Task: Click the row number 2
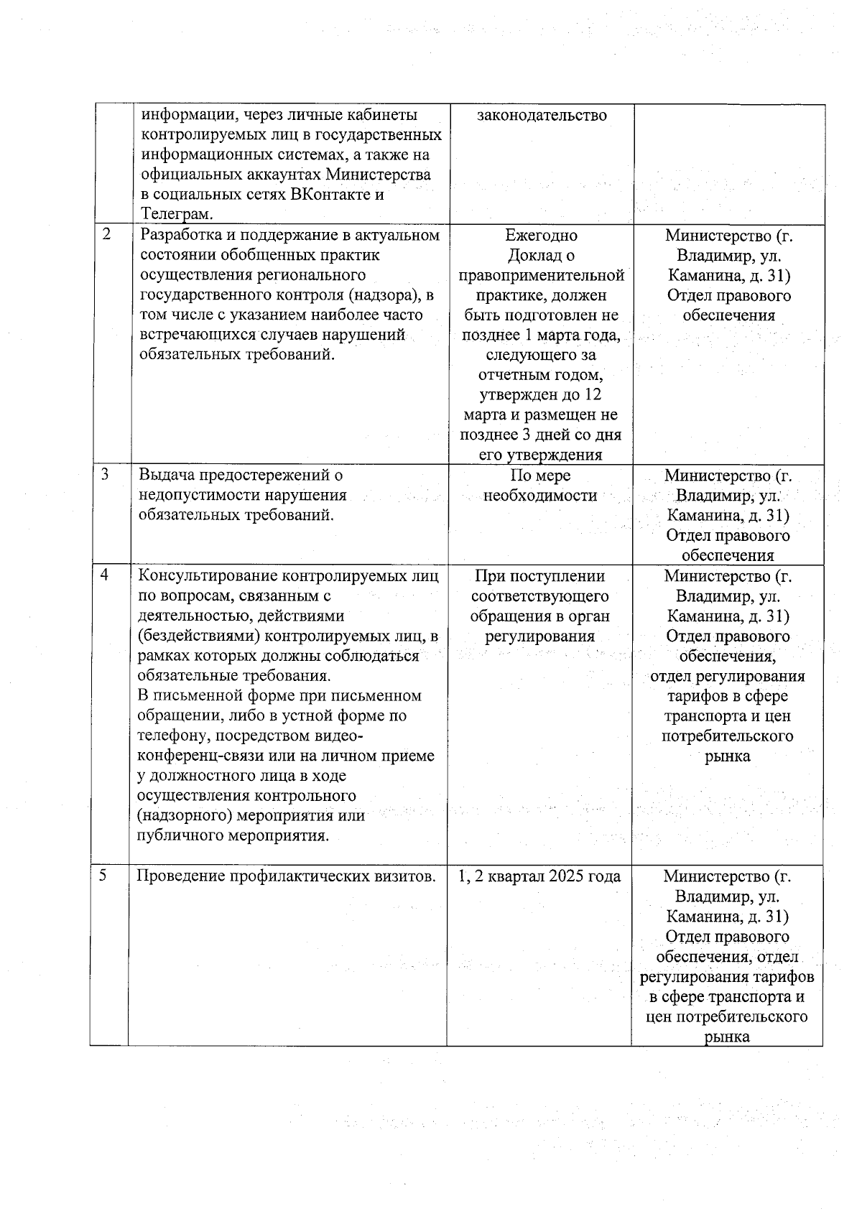point(107,234)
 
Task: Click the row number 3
point(106,474)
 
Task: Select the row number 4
point(105,575)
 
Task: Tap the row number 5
point(103,875)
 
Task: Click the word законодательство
point(542,115)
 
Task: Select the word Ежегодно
point(541,235)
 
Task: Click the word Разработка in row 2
point(177,235)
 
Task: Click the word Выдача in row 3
point(163,475)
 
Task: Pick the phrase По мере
point(540,476)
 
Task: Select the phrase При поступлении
point(540,576)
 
